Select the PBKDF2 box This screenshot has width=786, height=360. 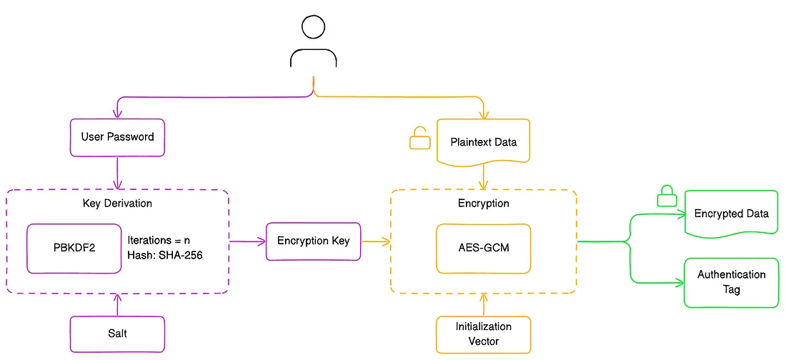click(x=74, y=248)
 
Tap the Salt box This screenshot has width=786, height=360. click(x=117, y=334)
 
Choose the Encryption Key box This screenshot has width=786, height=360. click(x=313, y=241)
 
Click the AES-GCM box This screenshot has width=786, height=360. click(x=483, y=248)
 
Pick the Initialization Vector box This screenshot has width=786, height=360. click(x=483, y=334)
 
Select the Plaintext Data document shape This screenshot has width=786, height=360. click(x=483, y=141)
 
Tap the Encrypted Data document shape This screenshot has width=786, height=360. click(x=731, y=213)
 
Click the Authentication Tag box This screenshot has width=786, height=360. click(x=731, y=282)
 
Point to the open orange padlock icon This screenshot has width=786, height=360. click(x=419, y=138)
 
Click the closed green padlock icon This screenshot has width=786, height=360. click(x=666, y=196)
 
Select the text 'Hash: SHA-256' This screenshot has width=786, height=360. click(x=165, y=255)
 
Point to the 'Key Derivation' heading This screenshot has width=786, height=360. click(x=117, y=204)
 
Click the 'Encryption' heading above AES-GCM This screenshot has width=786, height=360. click(x=483, y=204)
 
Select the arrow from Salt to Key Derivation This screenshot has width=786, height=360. click(x=117, y=305)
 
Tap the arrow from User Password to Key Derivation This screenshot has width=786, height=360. click(x=116, y=172)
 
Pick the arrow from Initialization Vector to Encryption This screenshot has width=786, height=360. click(x=483, y=304)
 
